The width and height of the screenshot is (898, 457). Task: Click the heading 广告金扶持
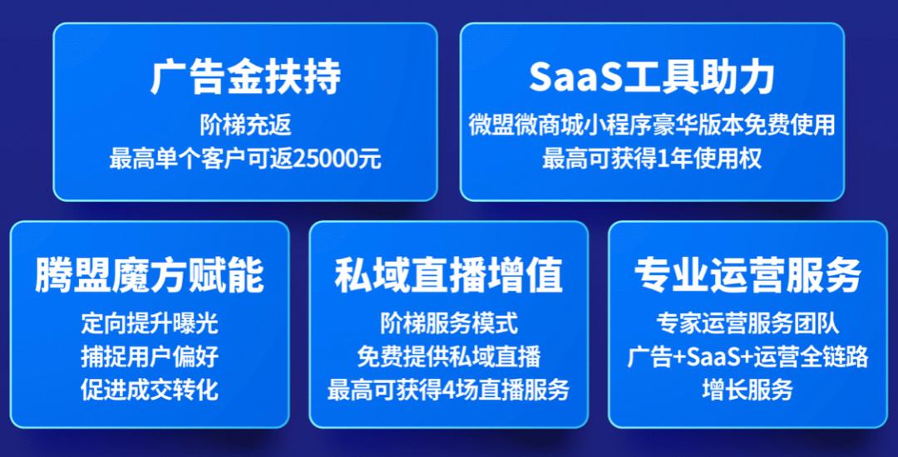coord(245,78)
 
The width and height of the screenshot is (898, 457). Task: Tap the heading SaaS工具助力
coord(652,78)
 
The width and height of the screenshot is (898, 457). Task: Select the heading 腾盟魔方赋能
coord(150,276)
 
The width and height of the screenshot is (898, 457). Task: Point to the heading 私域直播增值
coord(449,276)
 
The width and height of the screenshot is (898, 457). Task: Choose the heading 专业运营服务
coord(748,276)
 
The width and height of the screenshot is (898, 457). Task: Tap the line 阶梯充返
coord(245,126)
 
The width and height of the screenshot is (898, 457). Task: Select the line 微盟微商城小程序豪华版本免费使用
coord(652,126)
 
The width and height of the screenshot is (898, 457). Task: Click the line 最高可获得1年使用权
coord(652,159)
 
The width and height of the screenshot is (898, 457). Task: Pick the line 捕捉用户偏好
coord(150,356)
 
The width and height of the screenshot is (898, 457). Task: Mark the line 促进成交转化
coord(150,389)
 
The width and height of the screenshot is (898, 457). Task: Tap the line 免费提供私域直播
coord(449,356)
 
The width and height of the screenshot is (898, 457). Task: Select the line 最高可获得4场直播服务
coord(449,389)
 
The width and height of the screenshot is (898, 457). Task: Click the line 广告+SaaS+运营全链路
coord(748,356)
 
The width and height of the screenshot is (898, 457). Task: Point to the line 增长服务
coord(748,389)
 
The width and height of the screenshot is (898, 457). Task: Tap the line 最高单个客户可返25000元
coord(245,159)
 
